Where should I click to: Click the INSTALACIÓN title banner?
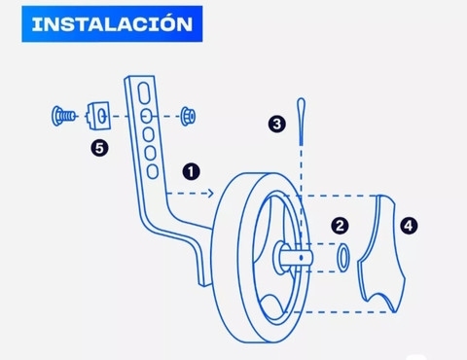click(x=112, y=24)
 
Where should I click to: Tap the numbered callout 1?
click(x=191, y=171)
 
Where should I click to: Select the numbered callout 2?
click(x=340, y=226)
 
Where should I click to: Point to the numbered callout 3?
click(x=277, y=124)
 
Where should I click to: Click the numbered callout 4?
click(x=409, y=226)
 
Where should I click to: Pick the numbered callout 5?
click(x=99, y=148)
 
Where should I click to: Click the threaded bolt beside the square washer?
click(x=63, y=116)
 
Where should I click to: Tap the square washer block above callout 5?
click(x=98, y=116)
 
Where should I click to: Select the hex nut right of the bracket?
click(x=188, y=116)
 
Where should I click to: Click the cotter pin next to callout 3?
click(x=301, y=122)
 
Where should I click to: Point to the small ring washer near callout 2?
click(x=343, y=258)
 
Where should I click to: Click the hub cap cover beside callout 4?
click(x=382, y=253)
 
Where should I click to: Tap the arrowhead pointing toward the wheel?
click(x=211, y=194)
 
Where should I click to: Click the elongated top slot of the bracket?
click(x=144, y=93)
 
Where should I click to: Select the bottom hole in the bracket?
click(x=153, y=171)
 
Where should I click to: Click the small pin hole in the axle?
click(x=302, y=258)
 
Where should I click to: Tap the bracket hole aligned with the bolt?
click(x=146, y=116)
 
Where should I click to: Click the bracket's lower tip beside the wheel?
click(x=203, y=283)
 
